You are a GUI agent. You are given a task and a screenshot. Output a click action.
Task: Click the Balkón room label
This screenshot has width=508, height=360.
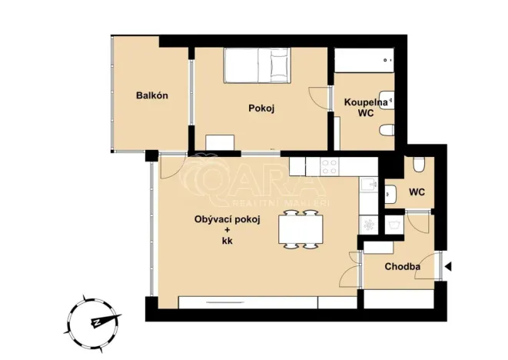[x=151, y=95]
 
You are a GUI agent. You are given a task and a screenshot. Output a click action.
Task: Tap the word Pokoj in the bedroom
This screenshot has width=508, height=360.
[x=261, y=108]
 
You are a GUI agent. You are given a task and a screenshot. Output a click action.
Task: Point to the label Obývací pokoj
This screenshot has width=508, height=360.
[x=227, y=219]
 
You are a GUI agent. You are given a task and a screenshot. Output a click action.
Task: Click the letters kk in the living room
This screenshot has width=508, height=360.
[x=227, y=241]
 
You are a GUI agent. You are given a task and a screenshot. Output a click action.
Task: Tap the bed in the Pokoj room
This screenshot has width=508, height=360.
[x=257, y=65]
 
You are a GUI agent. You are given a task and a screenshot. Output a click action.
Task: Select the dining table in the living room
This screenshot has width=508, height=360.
[x=298, y=229]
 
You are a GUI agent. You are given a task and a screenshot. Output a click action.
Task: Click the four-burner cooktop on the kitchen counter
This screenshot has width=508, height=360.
[x=331, y=165]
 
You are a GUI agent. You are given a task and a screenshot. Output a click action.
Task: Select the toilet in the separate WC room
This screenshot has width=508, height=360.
[x=418, y=165]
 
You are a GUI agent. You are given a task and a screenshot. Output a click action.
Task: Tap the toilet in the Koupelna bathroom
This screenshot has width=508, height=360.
[x=388, y=129]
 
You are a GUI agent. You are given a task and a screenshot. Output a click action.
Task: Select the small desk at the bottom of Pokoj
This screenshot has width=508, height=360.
[x=221, y=142]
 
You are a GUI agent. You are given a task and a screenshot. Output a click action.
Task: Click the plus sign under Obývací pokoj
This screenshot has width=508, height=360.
[x=227, y=230]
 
